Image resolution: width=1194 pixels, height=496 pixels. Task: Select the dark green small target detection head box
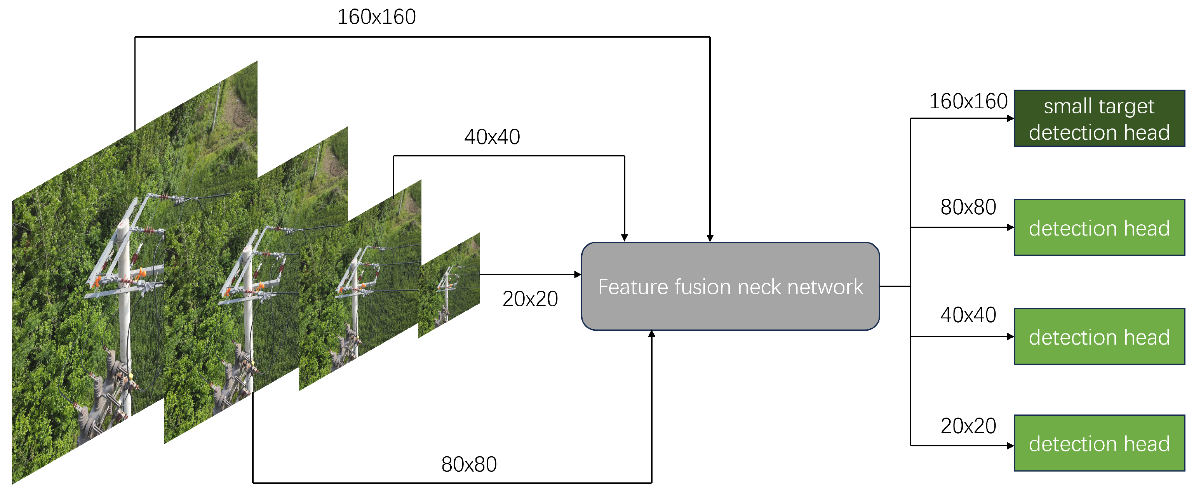(1099, 118)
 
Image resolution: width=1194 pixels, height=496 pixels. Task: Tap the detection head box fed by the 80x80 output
(1099, 227)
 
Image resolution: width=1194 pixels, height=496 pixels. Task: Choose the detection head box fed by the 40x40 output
(1099, 337)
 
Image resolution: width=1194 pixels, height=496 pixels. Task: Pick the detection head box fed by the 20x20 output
(1099, 443)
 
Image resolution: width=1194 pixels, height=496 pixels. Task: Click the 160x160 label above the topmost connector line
(376, 17)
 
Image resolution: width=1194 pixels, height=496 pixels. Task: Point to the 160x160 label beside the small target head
(968, 101)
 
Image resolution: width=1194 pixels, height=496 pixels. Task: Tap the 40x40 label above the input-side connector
(492, 137)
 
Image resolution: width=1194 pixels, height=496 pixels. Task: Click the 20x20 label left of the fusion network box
(530, 299)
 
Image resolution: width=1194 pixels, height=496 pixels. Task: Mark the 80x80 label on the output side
(968, 207)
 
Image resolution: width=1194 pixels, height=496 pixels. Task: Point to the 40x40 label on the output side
(968, 315)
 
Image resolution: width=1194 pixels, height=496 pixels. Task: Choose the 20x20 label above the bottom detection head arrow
(968, 426)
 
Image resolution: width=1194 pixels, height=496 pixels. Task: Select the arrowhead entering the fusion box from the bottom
(652, 334)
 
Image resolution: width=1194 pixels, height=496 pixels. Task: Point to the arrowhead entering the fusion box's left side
(578, 275)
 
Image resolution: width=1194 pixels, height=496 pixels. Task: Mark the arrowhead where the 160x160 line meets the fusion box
(710, 238)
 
